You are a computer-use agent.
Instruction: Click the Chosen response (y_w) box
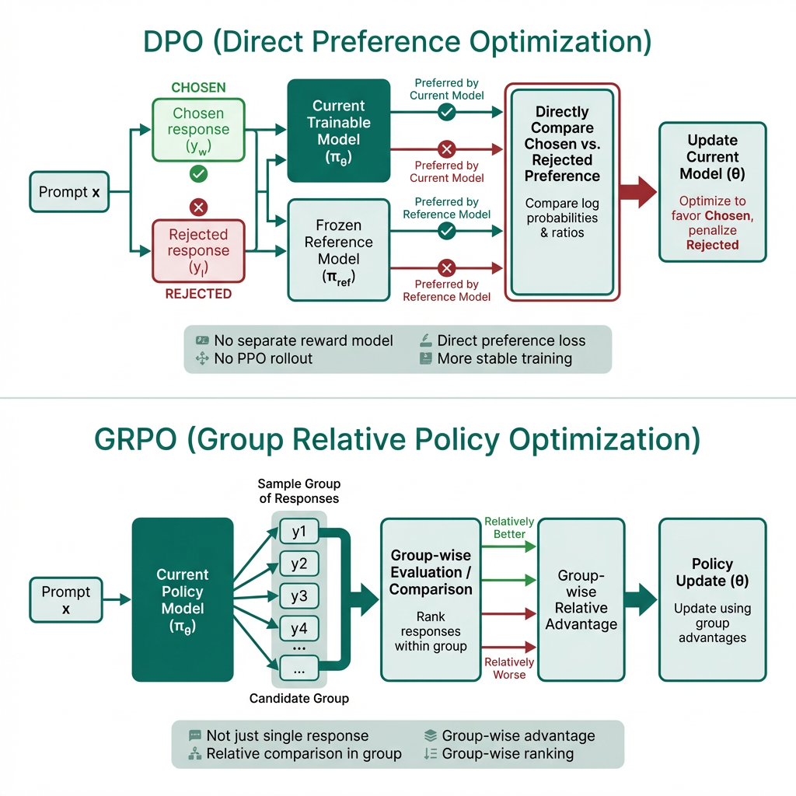pos(198,130)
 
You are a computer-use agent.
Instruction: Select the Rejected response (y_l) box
pos(198,250)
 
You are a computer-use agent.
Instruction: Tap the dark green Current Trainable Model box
pos(338,131)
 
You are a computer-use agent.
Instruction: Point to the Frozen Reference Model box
pos(338,250)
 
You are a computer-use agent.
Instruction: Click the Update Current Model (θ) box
pos(712,192)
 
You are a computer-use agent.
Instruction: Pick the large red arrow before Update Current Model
pos(638,191)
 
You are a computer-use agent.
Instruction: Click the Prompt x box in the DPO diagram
pos(69,192)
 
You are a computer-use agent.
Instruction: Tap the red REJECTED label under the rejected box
pos(198,294)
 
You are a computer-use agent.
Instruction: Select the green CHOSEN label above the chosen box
pos(198,88)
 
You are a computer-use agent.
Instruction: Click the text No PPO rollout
pos(264,358)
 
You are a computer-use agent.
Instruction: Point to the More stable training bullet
pos(504,358)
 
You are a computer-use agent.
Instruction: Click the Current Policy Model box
pos(183,599)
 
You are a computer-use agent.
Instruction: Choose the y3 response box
pos(299,597)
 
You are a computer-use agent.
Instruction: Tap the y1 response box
pos(299,533)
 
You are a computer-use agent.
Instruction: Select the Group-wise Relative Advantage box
pos(581,599)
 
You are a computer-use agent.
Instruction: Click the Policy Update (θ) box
pos(712,599)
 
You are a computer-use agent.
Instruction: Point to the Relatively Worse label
pos(509,669)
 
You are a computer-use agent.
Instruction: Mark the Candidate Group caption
pos(299,698)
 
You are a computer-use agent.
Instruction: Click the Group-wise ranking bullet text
pos(508,753)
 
